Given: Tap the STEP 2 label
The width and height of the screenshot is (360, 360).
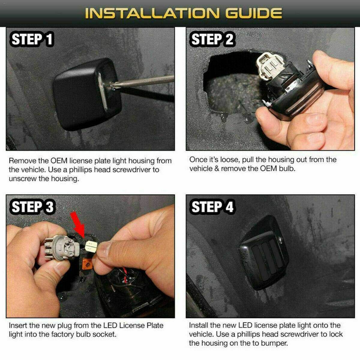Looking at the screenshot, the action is [212, 39].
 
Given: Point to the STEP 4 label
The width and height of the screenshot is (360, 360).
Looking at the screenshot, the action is [212, 207].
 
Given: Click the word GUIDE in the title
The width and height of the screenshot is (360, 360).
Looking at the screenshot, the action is [253, 13].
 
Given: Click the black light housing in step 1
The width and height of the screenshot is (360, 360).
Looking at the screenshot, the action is [87, 94].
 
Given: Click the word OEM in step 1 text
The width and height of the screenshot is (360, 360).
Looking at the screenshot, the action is [59, 161].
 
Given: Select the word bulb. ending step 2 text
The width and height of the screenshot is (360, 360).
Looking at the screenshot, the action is [287, 169].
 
